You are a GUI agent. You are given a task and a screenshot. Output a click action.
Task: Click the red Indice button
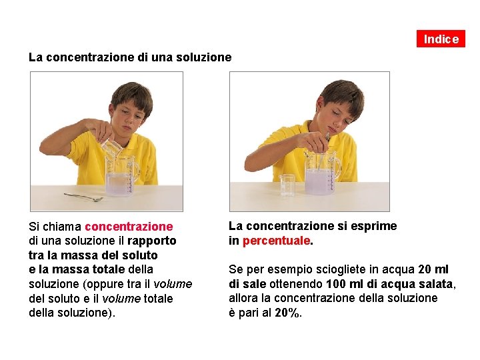(441, 39)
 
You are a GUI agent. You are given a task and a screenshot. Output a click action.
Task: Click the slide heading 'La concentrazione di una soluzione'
(130, 57)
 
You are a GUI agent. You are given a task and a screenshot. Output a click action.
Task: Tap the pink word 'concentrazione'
(129, 227)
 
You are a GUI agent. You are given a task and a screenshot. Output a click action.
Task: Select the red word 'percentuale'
(276, 241)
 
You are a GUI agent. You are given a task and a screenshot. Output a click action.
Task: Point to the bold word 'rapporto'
(151, 241)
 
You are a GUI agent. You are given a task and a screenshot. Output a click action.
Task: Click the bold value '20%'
(287, 313)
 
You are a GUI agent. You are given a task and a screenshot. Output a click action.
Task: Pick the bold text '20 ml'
(433, 269)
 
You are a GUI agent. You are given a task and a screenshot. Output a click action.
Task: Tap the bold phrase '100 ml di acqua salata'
(389, 284)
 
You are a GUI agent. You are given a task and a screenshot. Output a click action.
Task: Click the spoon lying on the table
(83, 197)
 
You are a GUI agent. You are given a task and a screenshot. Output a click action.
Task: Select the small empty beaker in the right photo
(287, 185)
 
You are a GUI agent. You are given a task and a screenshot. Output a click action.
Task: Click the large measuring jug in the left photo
(121, 176)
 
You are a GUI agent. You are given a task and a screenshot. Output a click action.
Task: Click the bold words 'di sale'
(247, 284)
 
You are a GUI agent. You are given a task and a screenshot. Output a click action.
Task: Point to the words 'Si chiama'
(55, 227)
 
